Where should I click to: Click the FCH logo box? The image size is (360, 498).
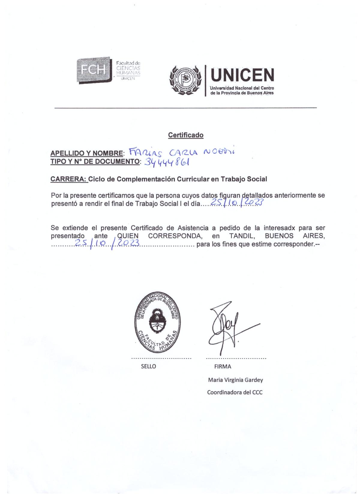coord(94,70)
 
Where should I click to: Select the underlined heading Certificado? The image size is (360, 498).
coord(186,135)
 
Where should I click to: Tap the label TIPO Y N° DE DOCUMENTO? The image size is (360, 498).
coord(95,161)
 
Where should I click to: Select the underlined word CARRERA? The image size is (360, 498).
coord(69,179)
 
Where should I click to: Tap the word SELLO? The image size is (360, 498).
coord(148,366)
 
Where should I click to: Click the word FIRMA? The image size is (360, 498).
coord(223,366)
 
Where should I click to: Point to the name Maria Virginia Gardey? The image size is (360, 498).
coord(235,380)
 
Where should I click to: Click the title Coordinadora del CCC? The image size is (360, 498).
coord(235,392)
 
